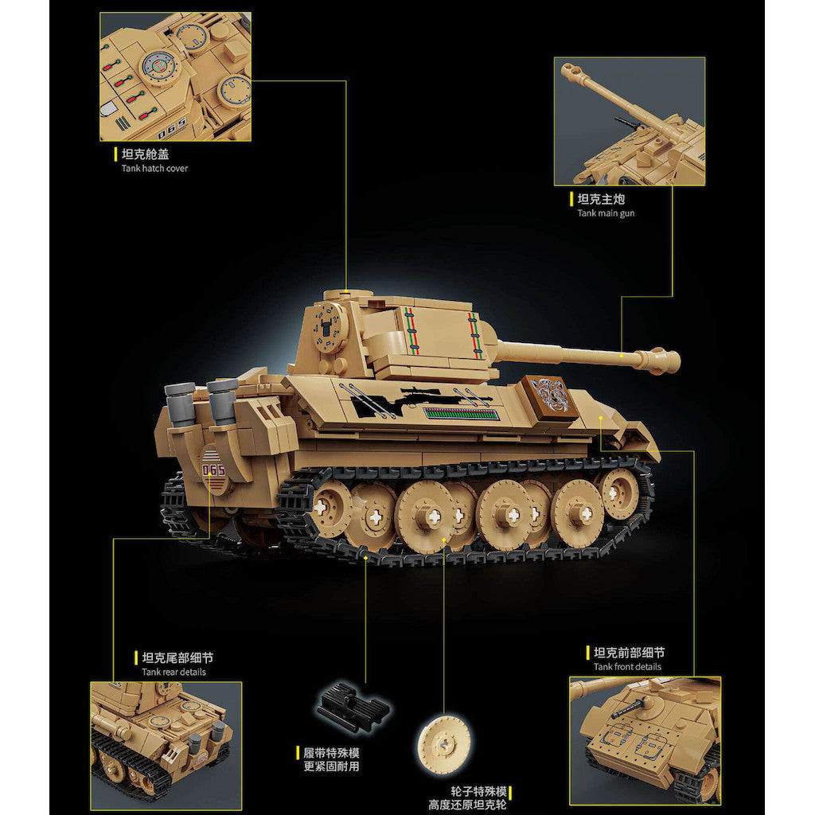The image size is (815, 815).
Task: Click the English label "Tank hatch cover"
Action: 154,169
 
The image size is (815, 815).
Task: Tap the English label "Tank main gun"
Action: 606,213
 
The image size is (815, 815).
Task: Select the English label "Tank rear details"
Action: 174,672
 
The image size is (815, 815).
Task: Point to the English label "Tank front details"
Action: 627,667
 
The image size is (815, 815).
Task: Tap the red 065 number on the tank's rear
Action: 213,470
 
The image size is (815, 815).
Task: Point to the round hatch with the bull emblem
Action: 328,328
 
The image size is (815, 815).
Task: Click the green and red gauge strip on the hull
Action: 460,414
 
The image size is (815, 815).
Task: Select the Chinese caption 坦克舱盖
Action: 145,154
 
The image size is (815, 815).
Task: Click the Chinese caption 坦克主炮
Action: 601,199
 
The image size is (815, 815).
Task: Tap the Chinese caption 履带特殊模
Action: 331,753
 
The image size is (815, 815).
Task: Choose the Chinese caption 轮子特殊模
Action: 478,792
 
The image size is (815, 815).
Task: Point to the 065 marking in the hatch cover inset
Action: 172,128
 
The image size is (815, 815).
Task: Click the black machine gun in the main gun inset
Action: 630,123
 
